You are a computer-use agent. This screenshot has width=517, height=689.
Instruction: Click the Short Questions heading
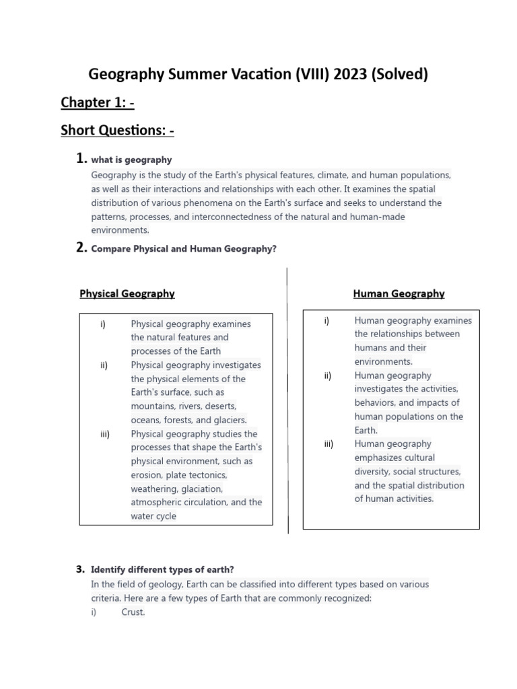pyautogui.click(x=117, y=131)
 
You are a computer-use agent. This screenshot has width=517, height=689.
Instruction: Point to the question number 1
pyautogui.click(x=80, y=159)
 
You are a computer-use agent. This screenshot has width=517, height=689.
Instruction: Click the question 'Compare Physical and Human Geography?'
pyautogui.click(x=184, y=249)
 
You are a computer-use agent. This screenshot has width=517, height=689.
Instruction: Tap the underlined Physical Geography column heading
pyautogui.click(x=127, y=293)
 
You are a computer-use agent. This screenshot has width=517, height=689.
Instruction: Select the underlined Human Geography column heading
pyautogui.click(x=399, y=293)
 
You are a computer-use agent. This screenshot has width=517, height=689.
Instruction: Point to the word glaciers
pyautogui.click(x=228, y=420)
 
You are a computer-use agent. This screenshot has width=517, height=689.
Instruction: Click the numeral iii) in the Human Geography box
pyautogui.click(x=329, y=443)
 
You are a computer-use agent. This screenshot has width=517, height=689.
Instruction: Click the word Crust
pyautogui.click(x=133, y=612)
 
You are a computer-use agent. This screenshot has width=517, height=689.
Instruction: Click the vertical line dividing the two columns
pyautogui.click(x=287, y=404)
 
